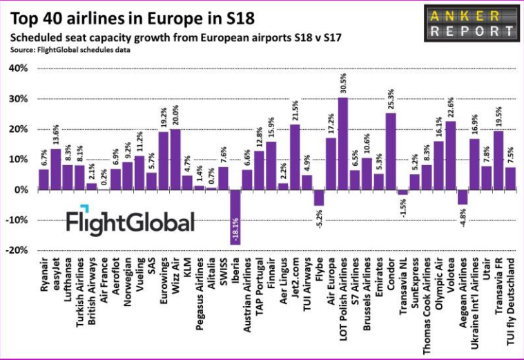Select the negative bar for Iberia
tap(235, 217)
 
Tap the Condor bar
tap(390, 151)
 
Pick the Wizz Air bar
tap(175, 160)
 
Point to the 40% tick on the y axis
tap(17, 68)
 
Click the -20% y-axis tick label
tap(17, 251)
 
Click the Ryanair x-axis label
tap(44, 279)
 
